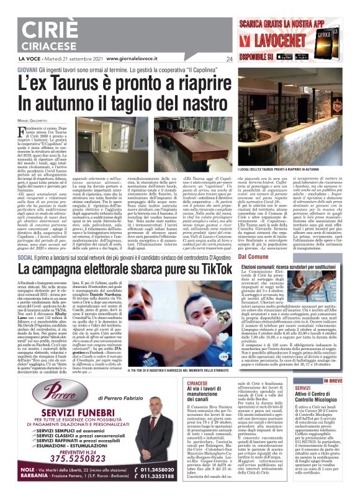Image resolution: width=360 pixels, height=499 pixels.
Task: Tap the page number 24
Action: (x=229, y=60)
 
